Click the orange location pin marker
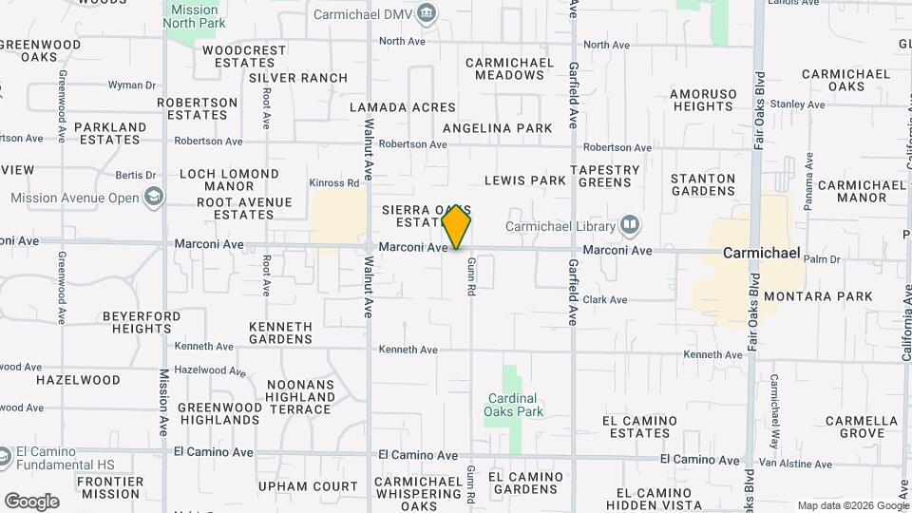[x=457, y=225]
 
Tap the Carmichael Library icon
[x=629, y=225]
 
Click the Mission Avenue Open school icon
[x=153, y=198]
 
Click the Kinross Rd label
[x=333, y=182]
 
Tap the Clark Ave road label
[x=605, y=299]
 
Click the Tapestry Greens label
[x=606, y=177]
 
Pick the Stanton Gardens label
[x=703, y=184]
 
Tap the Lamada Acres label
[x=403, y=107]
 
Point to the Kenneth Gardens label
[x=280, y=332]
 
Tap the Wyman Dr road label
[x=131, y=85]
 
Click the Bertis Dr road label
[x=135, y=175]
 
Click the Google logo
[x=31, y=502]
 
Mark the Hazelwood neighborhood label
[x=78, y=379]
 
